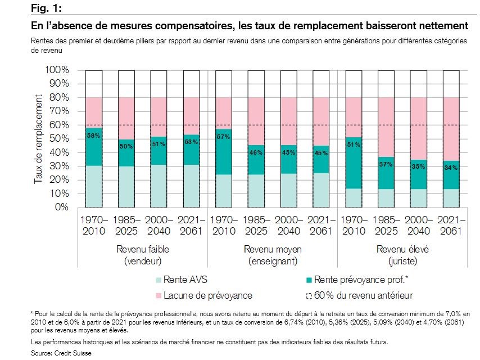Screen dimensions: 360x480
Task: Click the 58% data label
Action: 94,136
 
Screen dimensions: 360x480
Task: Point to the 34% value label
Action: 451,168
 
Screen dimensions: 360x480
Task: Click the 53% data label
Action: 192,142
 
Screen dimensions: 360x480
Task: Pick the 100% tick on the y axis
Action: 57,70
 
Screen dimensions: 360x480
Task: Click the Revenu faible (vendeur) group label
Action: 143,255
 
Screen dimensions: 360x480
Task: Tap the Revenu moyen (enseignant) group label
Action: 272,255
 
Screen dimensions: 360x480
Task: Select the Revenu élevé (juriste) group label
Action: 401,255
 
